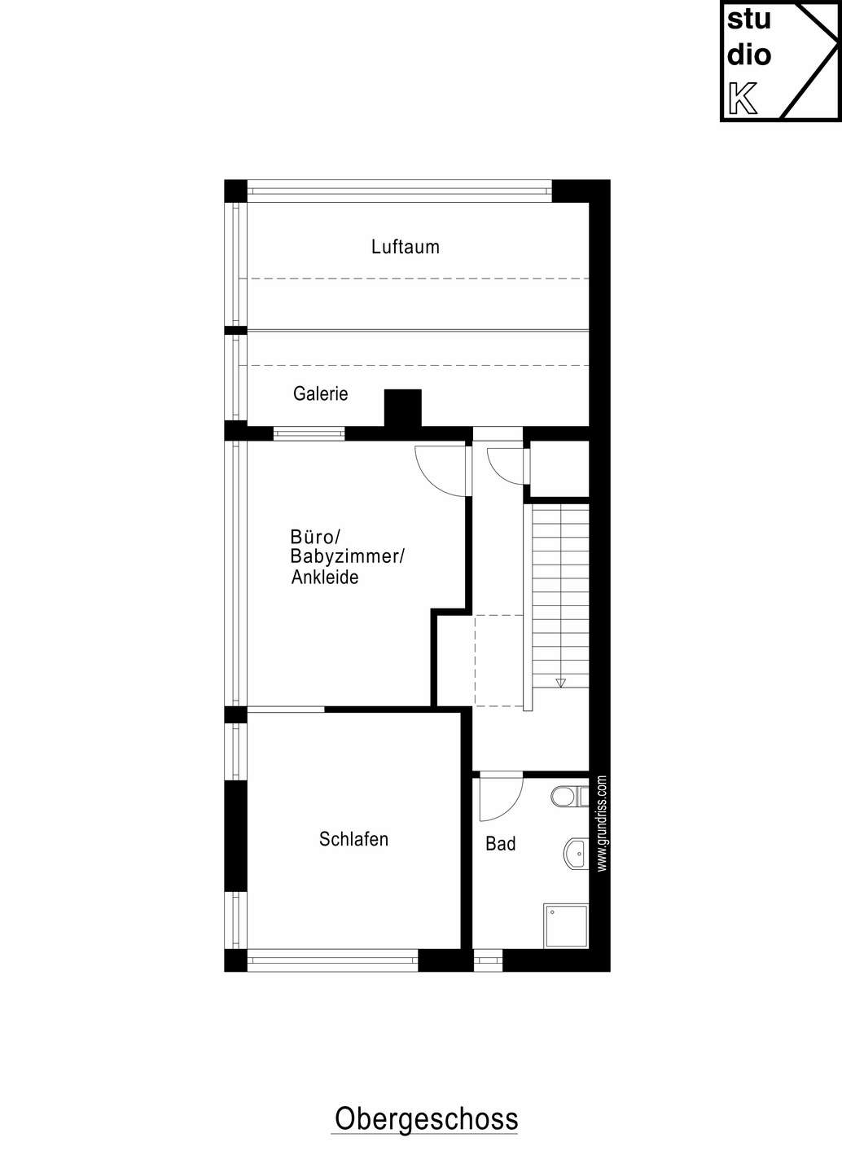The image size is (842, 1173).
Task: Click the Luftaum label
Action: (406, 247)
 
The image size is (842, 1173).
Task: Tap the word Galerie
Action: (321, 393)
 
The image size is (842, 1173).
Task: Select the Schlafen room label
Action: (354, 839)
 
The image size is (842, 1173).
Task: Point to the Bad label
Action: (501, 844)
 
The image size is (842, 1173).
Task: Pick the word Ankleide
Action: (325, 577)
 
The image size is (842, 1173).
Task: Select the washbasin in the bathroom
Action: (576, 854)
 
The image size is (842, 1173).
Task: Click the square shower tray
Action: (566, 925)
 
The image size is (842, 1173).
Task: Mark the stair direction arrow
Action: (561, 683)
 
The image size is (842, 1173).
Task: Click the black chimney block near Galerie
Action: (402, 408)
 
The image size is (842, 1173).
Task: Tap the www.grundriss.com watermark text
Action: (602, 824)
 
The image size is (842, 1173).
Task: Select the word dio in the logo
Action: (749, 55)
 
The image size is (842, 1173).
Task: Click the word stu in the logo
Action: (749, 20)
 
